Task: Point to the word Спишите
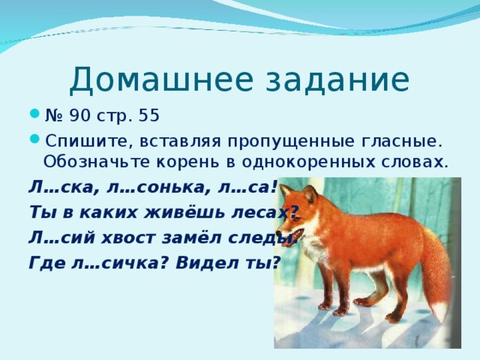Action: pos(77,139)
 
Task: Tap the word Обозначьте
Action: pos(89,161)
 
